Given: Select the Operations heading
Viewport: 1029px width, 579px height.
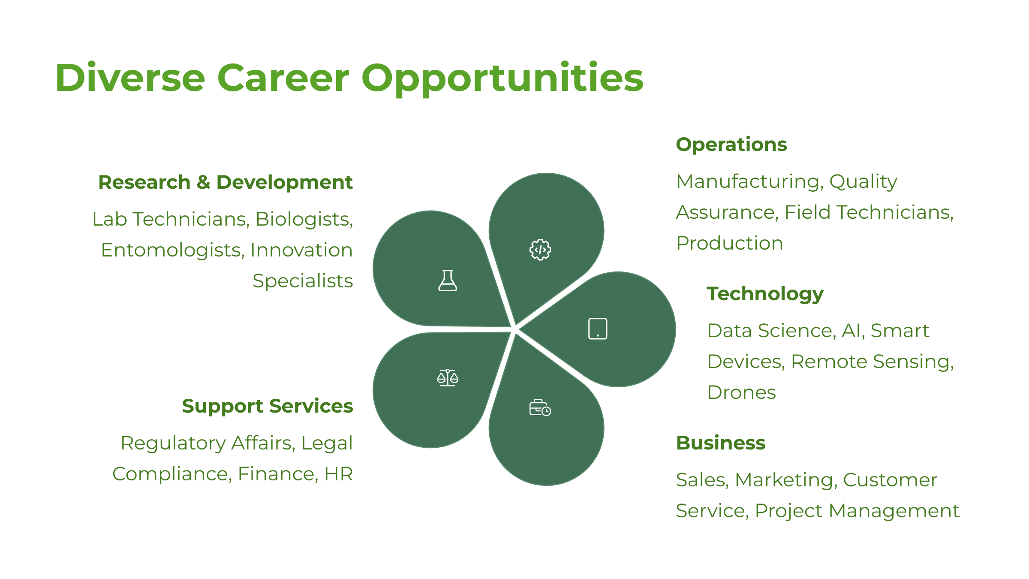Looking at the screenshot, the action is click(x=731, y=145).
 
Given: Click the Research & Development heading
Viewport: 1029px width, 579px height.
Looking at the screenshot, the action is click(x=226, y=182).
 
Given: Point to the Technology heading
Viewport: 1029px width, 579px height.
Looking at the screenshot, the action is click(x=765, y=295).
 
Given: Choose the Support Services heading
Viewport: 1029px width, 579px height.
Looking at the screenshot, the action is click(x=268, y=407).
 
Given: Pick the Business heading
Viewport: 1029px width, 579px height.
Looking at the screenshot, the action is click(x=721, y=443).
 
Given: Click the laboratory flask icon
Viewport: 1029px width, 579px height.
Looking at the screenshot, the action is click(x=448, y=280).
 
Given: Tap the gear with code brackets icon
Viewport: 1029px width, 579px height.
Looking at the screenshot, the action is click(x=540, y=250).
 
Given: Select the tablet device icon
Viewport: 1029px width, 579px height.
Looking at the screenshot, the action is click(x=598, y=329).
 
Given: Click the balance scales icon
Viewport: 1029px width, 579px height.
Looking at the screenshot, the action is click(x=448, y=377).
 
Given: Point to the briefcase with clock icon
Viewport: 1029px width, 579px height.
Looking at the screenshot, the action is click(x=540, y=408).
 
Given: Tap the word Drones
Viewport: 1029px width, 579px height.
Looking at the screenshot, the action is click(x=742, y=392).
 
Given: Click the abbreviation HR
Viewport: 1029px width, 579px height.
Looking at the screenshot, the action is click(x=338, y=474).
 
